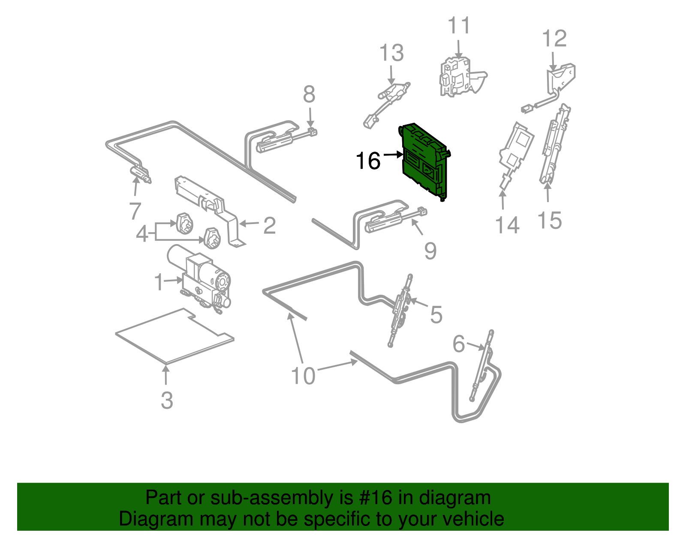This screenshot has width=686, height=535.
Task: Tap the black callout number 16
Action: [x=368, y=161]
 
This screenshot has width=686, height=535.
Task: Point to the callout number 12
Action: [x=554, y=39]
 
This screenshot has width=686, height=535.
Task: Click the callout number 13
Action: [x=391, y=53]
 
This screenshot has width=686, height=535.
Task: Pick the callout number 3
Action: [x=167, y=401]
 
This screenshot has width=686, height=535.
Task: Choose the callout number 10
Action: [x=303, y=376]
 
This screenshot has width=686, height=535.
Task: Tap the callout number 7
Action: [x=135, y=211]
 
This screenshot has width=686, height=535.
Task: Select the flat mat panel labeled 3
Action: [x=175, y=336]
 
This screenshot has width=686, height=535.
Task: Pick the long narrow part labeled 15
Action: [x=555, y=144]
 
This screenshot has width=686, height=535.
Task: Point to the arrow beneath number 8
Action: [x=310, y=118]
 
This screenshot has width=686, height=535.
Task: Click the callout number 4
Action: [x=142, y=234]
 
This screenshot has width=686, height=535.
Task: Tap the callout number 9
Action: [x=430, y=251]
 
